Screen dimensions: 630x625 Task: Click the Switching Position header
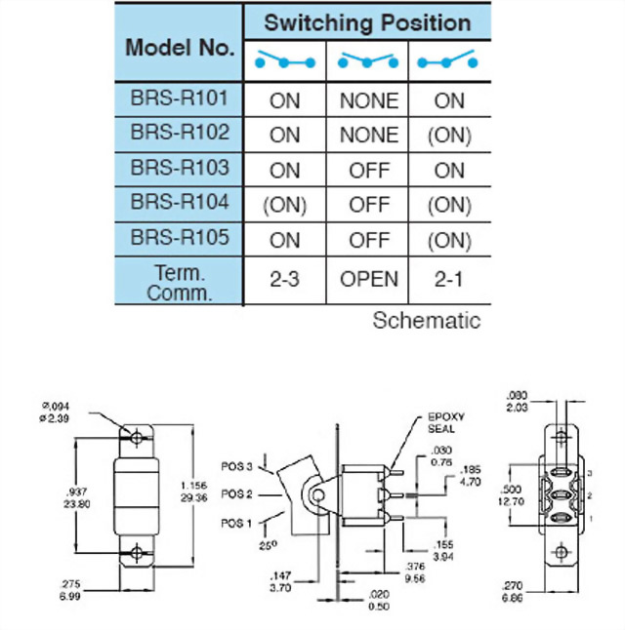[x=366, y=22]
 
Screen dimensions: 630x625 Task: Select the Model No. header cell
[x=179, y=46]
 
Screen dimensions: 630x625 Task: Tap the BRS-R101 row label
[x=179, y=99]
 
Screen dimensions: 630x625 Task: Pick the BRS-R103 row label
[x=179, y=168]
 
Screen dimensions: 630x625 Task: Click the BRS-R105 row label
[x=179, y=238]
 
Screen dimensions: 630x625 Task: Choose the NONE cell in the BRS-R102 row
[x=368, y=135]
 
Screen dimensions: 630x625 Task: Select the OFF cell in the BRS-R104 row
[x=368, y=205]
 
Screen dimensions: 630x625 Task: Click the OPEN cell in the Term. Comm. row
[x=368, y=280]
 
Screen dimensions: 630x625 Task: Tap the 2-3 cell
[x=284, y=280]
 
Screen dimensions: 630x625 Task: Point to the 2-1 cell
[x=449, y=280]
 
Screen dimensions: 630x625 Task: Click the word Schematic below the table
[x=427, y=320]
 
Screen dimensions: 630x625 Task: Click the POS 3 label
[x=236, y=465]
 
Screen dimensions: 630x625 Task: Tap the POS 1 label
[x=236, y=523]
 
